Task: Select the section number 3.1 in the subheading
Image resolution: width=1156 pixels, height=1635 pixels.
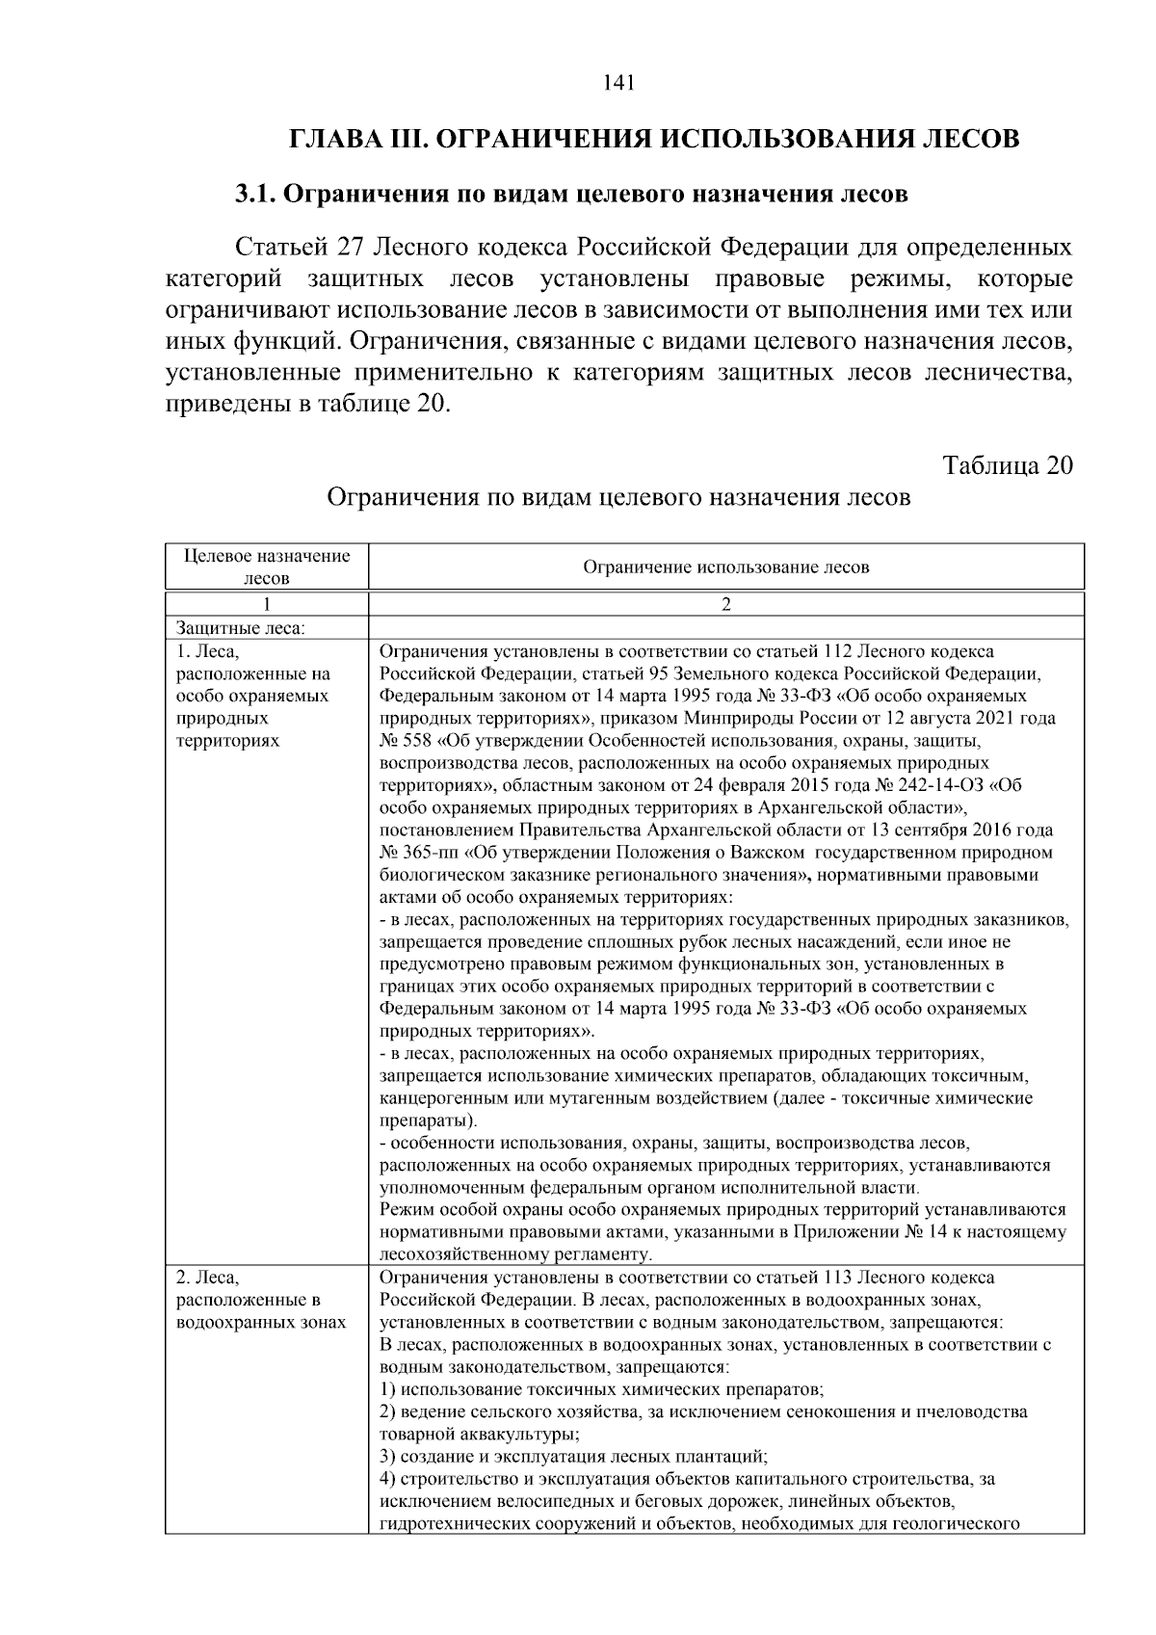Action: (x=256, y=194)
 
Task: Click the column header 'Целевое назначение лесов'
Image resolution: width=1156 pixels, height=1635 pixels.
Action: (x=267, y=567)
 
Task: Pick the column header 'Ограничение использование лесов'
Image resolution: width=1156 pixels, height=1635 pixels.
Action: (x=725, y=567)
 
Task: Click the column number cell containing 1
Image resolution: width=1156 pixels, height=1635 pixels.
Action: (x=267, y=605)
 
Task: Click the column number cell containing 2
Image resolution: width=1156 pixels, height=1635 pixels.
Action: (x=725, y=605)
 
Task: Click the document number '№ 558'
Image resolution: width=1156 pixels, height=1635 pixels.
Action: (x=403, y=741)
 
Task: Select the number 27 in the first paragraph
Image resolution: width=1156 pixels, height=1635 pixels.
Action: (x=349, y=248)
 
